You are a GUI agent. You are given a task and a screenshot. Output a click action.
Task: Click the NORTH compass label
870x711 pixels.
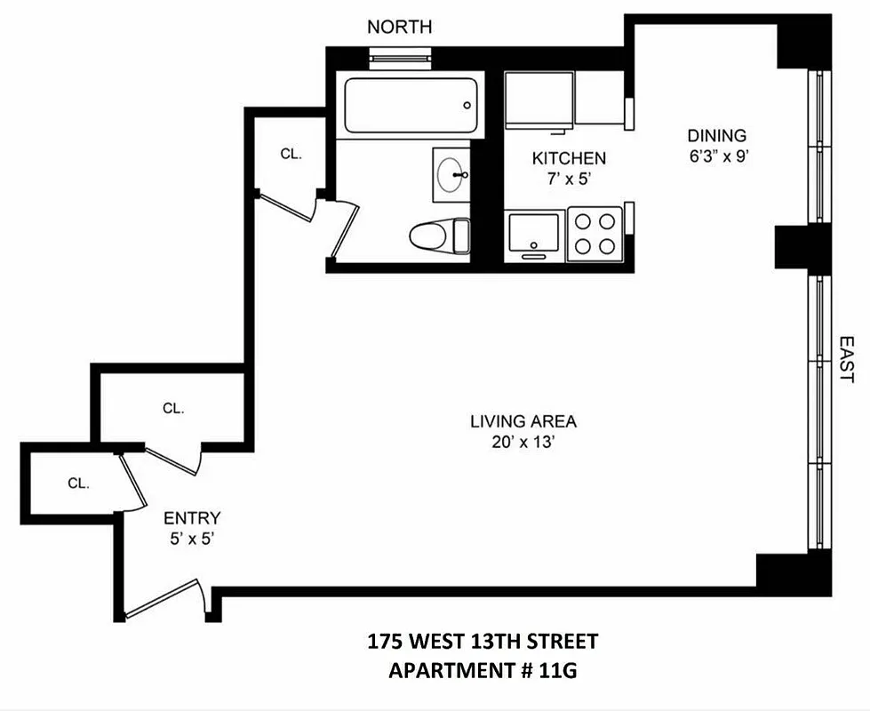[x=400, y=28]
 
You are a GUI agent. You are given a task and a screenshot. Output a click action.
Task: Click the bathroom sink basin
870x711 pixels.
[x=451, y=174]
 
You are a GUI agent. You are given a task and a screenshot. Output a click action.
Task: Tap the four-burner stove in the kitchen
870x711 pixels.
[x=595, y=233]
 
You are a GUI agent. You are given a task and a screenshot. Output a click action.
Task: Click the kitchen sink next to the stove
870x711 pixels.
[x=533, y=233]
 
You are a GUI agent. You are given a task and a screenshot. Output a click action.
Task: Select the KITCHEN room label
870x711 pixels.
[x=569, y=158]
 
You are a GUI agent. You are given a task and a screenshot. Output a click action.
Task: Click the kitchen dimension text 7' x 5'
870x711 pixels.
[x=569, y=178]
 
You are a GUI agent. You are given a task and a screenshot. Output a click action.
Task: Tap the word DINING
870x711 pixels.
[x=716, y=136]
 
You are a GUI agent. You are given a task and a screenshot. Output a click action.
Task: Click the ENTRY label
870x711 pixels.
[x=192, y=518]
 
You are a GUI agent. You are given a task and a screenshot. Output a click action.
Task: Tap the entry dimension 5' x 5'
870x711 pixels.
[x=192, y=538]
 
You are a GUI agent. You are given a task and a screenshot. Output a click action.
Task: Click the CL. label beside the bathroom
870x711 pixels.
[x=291, y=153]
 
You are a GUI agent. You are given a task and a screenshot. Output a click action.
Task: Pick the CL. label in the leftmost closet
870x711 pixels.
[x=79, y=483]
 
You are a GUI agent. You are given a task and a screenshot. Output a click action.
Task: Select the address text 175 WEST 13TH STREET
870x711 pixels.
[x=483, y=642]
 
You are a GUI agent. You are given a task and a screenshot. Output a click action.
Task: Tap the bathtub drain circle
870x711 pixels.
[x=467, y=106]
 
